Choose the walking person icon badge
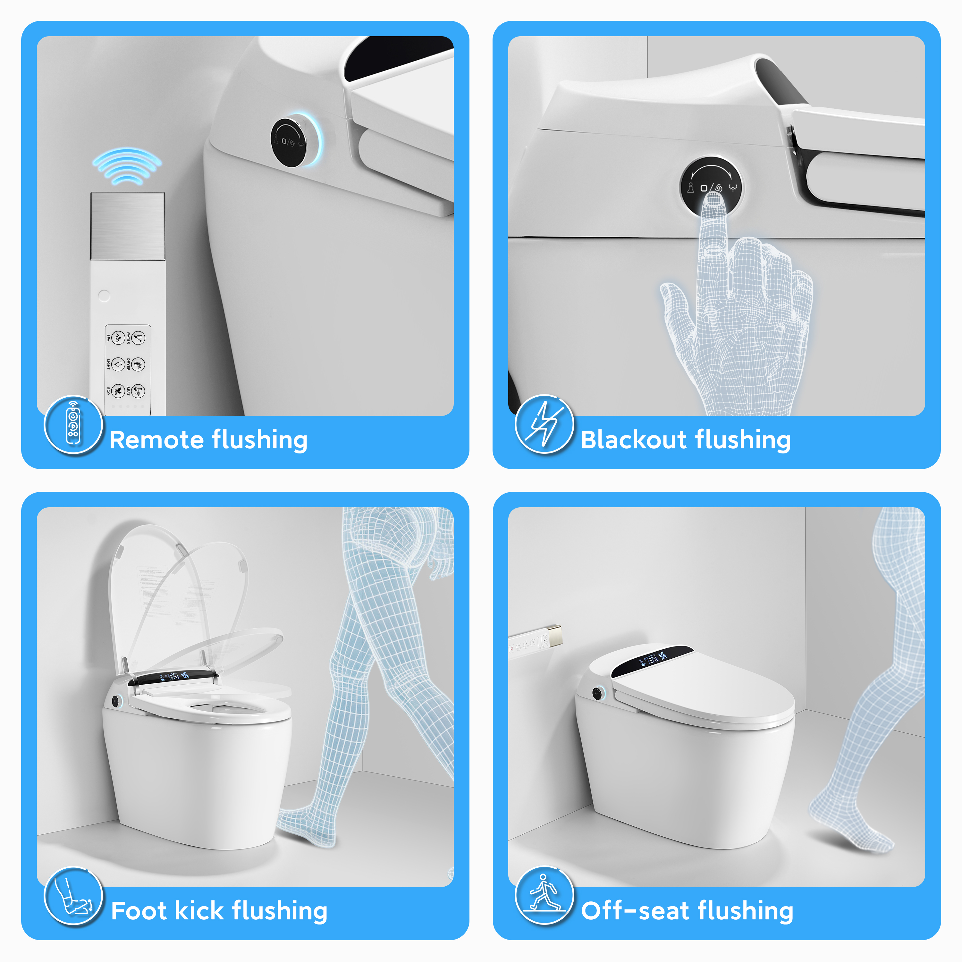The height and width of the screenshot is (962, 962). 544,896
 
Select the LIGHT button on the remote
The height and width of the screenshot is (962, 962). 117,365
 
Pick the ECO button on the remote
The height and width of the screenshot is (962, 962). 117,391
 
